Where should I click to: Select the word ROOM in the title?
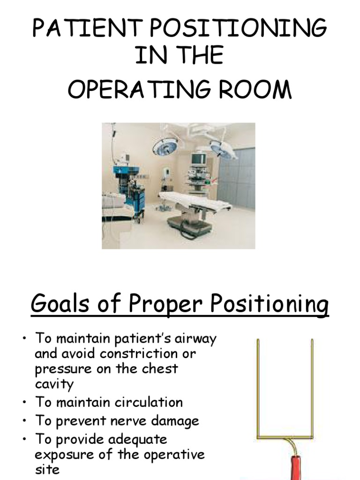(x=255, y=90)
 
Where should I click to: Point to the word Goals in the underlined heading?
(x=60, y=303)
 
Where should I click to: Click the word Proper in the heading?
(x=165, y=304)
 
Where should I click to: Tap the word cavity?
(x=54, y=384)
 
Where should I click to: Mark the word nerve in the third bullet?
(x=129, y=421)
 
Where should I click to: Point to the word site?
(x=47, y=469)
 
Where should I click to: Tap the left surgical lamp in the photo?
(x=165, y=146)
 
